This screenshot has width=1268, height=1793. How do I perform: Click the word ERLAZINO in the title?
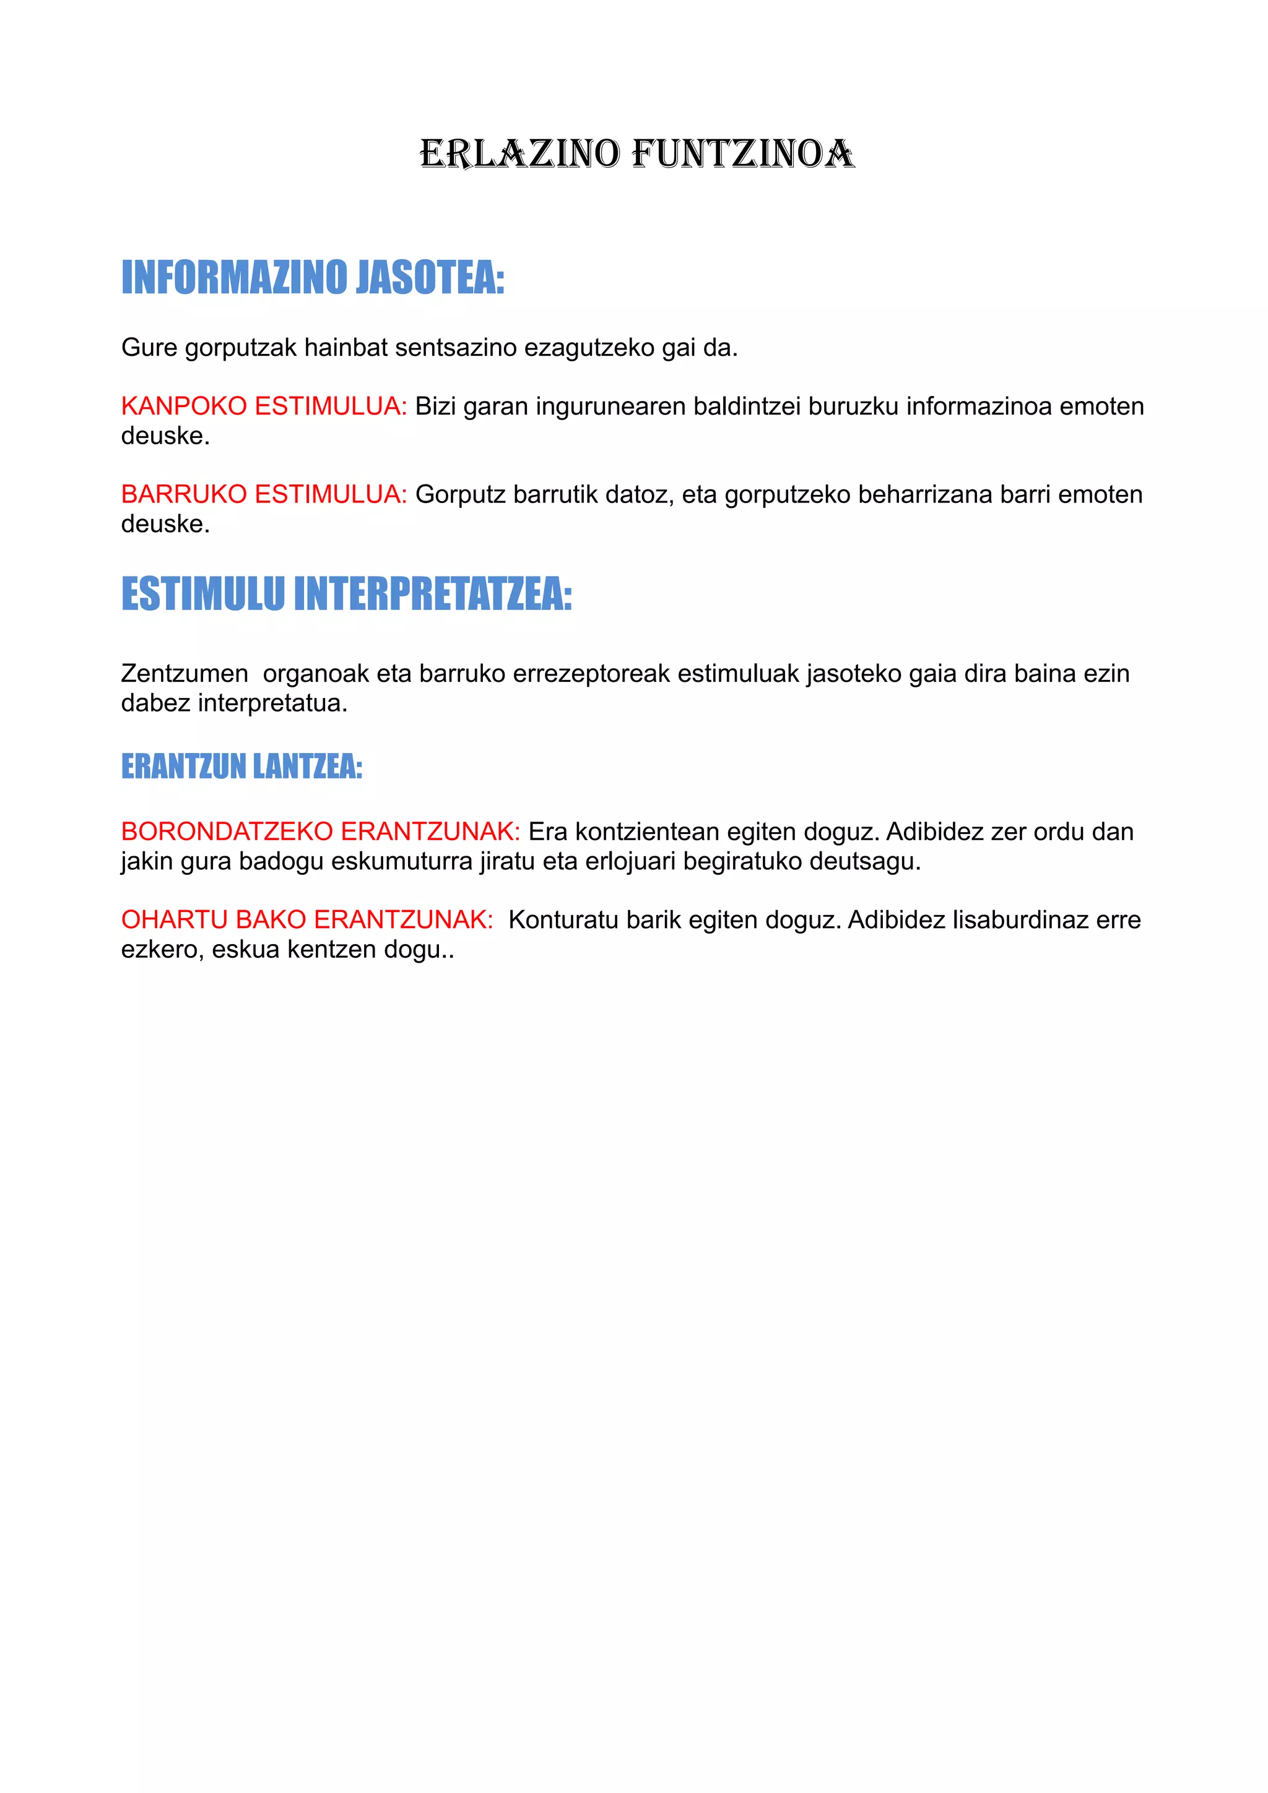coord(519,154)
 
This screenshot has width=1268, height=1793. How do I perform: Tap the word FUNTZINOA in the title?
coord(743,154)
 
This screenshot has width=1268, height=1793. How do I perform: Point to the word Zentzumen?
coord(185,673)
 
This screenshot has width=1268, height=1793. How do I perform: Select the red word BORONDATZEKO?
coord(227,832)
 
